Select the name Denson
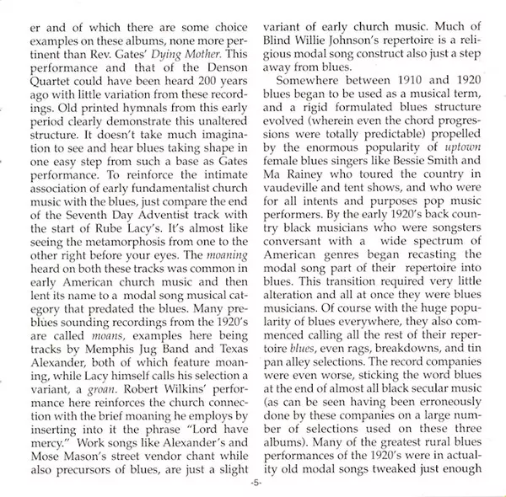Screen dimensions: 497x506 click(x=227, y=70)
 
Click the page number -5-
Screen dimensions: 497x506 click(x=254, y=488)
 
